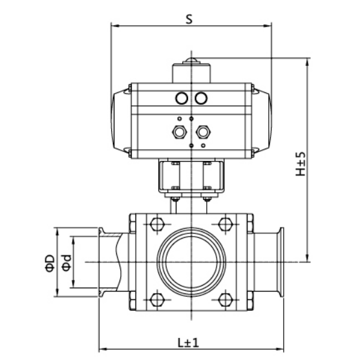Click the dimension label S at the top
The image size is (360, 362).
tap(189, 19)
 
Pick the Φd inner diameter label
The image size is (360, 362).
tap(65, 262)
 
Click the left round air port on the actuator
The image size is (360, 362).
tap(182, 98)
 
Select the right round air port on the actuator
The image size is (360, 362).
tap(201, 98)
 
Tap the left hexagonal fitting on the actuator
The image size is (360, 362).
tap(178, 133)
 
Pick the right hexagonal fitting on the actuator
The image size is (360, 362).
tap(206, 133)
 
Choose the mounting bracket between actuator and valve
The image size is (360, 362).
tap(191, 178)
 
